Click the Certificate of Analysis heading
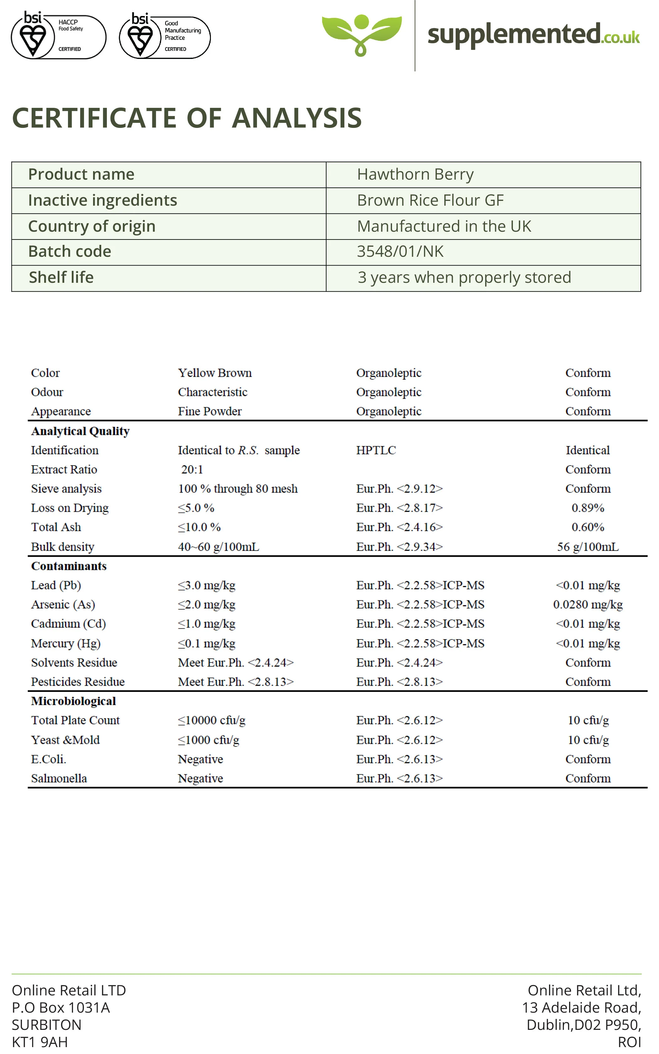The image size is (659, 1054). tap(187, 118)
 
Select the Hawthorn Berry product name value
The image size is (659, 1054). tap(415, 174)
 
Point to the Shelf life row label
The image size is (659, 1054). tap(61, 277)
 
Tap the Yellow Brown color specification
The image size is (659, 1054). tap(214, 373)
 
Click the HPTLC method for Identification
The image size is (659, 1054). tap(376, 450)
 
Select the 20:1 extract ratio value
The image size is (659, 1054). tap(192, 469)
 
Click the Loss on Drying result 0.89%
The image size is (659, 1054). tap(588, 508)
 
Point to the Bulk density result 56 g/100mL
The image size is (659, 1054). tap(588, 546)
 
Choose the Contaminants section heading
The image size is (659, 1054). tap(69, 566)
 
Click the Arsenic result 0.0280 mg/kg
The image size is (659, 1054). tap(588, 604)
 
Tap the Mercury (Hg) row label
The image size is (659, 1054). tap(66, 643)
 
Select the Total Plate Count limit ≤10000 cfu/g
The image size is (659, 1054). tap(212, 720)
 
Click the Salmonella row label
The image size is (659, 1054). tap(59, 778)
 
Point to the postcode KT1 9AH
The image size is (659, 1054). tap(40, 1042)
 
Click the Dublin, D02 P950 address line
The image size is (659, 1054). tap(583, 1024)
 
